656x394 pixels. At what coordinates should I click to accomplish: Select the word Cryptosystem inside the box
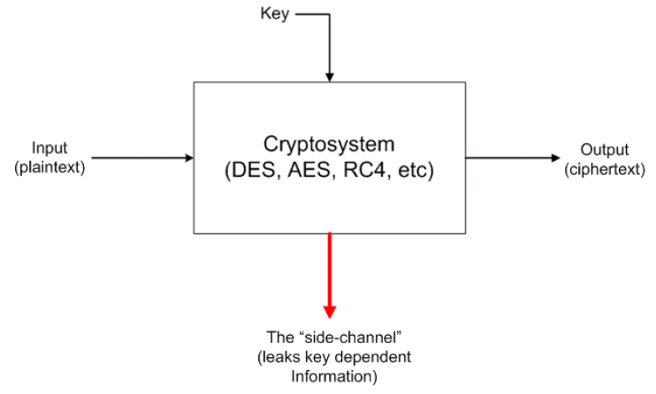329,144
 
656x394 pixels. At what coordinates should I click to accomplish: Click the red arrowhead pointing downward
330,310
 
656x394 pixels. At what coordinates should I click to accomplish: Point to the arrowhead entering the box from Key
330,77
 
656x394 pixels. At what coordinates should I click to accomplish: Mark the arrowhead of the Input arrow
188,158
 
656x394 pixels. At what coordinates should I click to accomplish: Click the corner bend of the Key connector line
330,14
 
